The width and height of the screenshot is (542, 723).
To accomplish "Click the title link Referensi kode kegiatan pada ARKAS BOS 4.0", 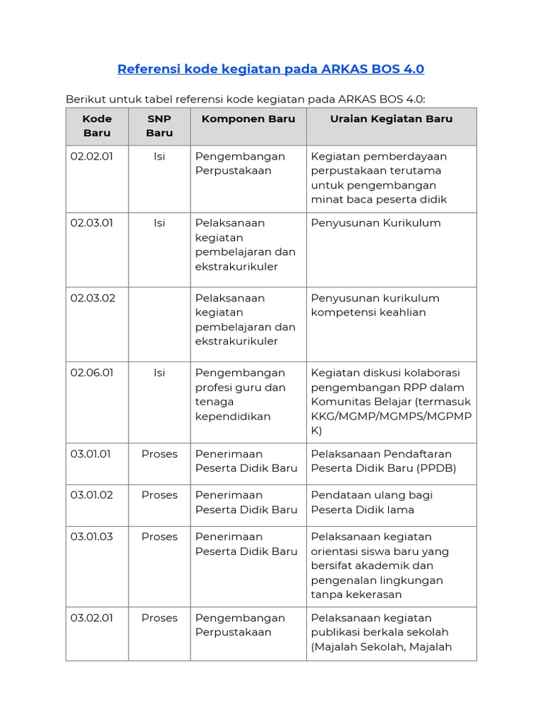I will (270, 69).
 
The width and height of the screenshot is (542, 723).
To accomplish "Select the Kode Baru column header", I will (97, 126).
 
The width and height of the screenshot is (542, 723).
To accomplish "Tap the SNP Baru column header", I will (159, 126).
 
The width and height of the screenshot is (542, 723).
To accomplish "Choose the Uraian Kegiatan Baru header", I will (391, 119).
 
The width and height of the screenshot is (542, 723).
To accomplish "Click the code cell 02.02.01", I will (92, 156).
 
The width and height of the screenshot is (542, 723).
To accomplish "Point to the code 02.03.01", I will (92, 223).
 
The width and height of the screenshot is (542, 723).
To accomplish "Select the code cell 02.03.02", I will (92, 298).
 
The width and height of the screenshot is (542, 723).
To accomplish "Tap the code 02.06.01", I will (92, 373).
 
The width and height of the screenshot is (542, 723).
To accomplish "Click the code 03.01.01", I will (90, 454).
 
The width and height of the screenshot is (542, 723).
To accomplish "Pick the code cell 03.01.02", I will (92, 495).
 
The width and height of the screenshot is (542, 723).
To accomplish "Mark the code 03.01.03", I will (92, 537).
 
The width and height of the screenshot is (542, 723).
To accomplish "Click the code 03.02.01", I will (92, 618).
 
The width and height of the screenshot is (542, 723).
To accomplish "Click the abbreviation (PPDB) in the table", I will (437, 468).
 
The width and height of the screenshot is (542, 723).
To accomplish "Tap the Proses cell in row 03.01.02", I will (159, 495).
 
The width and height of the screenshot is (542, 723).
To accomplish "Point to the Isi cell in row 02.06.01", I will (159, 373).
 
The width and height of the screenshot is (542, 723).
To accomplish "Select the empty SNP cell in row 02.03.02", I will (159, 324).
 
